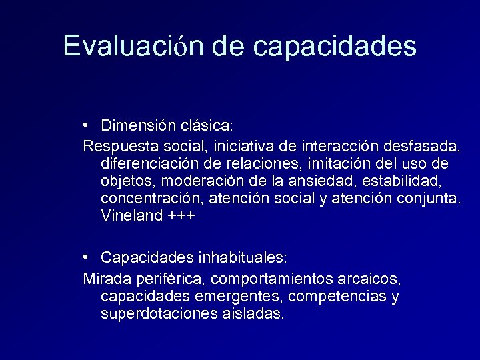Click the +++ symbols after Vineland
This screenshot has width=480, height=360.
(x=181, y=216)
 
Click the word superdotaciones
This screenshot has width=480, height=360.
(x=157, y=314)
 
